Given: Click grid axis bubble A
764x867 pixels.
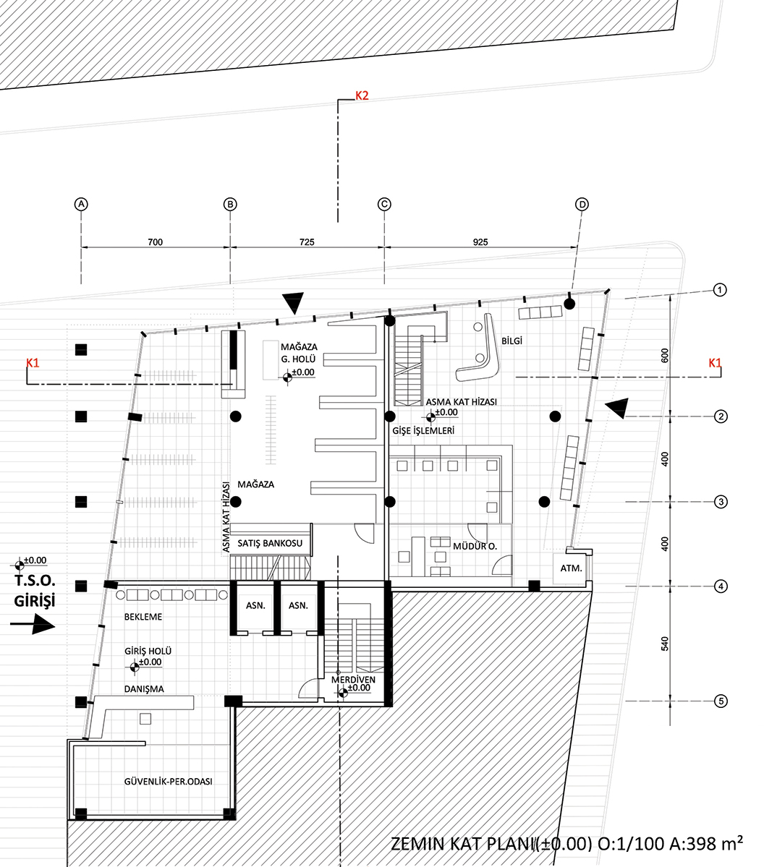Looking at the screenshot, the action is point(81,204).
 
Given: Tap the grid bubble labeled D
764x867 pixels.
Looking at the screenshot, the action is point(582,204).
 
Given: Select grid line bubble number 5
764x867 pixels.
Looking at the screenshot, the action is point(721,701).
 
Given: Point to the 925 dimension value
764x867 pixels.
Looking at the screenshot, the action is point(480,242).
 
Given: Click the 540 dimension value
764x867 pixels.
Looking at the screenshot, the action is point(665,644).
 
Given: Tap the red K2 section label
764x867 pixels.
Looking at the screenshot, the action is point(362,95).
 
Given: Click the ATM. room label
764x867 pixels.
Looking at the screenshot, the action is point(571,568).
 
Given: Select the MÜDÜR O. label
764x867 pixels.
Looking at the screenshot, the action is point(475,546).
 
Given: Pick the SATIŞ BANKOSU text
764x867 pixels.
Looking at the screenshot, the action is point(270,543).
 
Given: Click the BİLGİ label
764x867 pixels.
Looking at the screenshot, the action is point(512,341).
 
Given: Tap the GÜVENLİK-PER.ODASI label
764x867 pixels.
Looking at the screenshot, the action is point(168,781).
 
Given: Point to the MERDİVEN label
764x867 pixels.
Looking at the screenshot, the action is point(353,680).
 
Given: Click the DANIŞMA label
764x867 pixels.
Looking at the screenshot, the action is point(144,689).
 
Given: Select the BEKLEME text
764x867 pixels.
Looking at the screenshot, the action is point(143,617).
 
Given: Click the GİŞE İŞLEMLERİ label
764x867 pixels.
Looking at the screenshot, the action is point(423,430).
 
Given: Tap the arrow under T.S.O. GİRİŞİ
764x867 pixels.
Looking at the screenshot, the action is point(33,625).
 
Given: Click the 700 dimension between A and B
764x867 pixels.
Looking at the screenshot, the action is point(155,242).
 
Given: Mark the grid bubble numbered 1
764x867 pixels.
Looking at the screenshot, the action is point(720,290).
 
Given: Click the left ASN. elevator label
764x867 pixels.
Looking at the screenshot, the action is point(255,605).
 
